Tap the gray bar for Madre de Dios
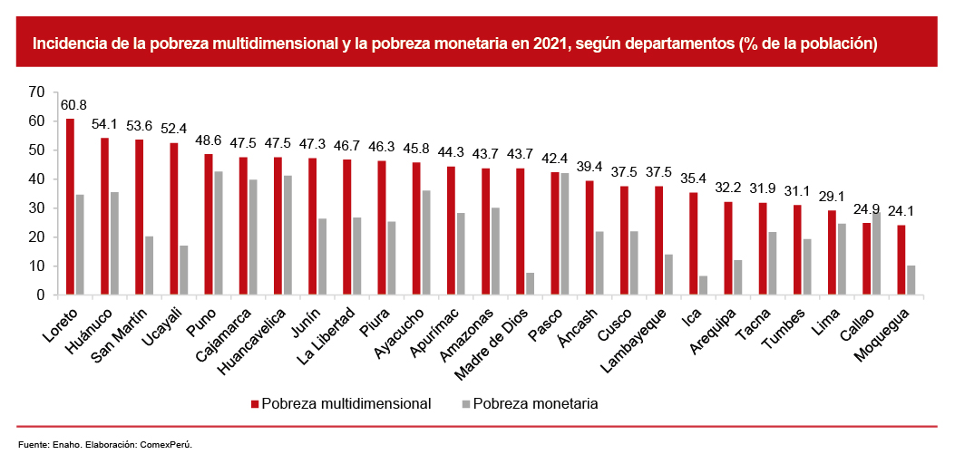[531, 284]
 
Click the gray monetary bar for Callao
[876, 254]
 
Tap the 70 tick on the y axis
[36, 92]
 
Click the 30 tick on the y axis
[36, 208]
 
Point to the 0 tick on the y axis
[40, 295]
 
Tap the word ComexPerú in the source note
[166, 445]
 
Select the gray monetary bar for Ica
[704, 285]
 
